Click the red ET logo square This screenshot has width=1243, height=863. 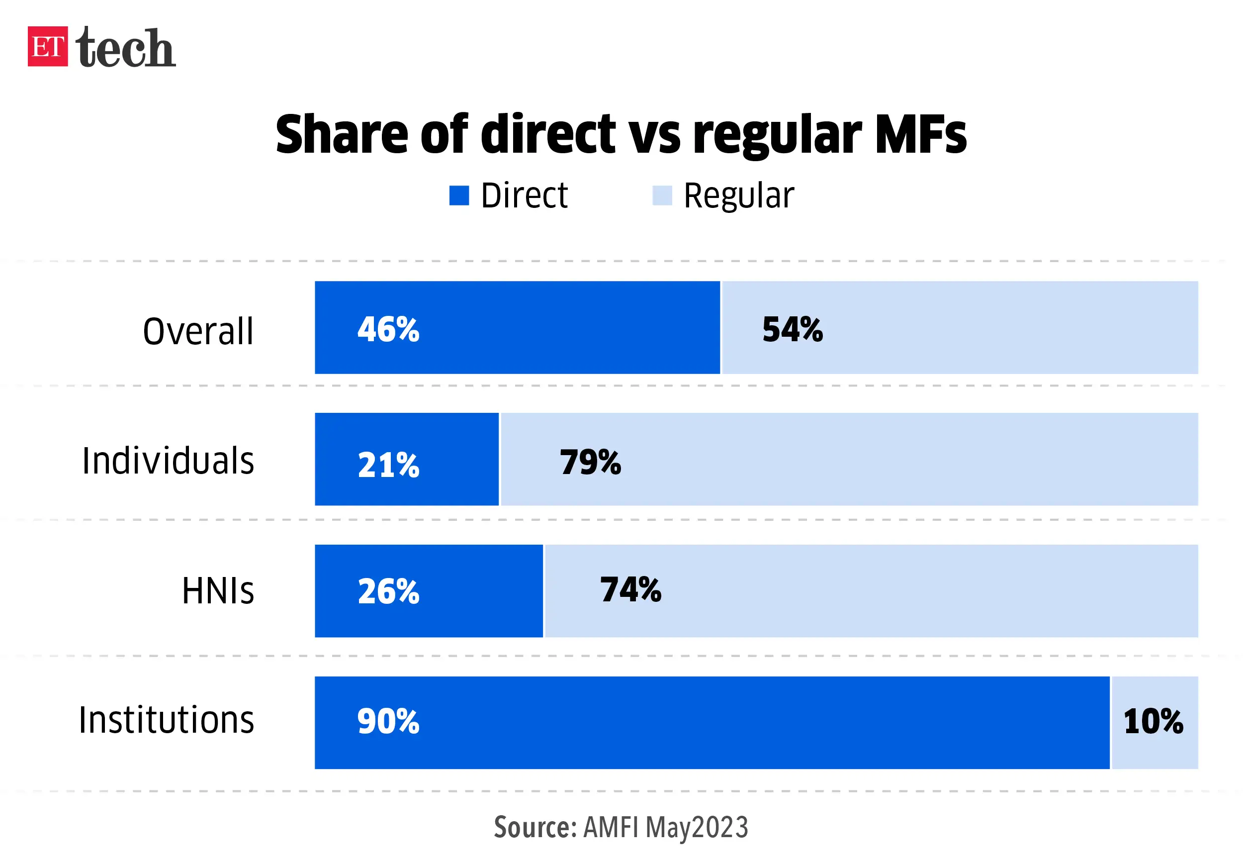[48, 46]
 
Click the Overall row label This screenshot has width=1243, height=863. [198, 331]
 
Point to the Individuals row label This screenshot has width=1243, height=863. [168, 461]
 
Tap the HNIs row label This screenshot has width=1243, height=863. [218, 590]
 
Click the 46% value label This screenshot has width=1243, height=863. [388, 329]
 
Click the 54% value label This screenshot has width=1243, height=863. [792, 329]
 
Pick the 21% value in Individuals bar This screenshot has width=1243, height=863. [388, 465]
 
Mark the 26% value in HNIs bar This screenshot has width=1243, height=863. [388, 591]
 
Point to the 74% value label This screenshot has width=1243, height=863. [630, 589]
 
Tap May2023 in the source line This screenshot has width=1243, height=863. [697, 827]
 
